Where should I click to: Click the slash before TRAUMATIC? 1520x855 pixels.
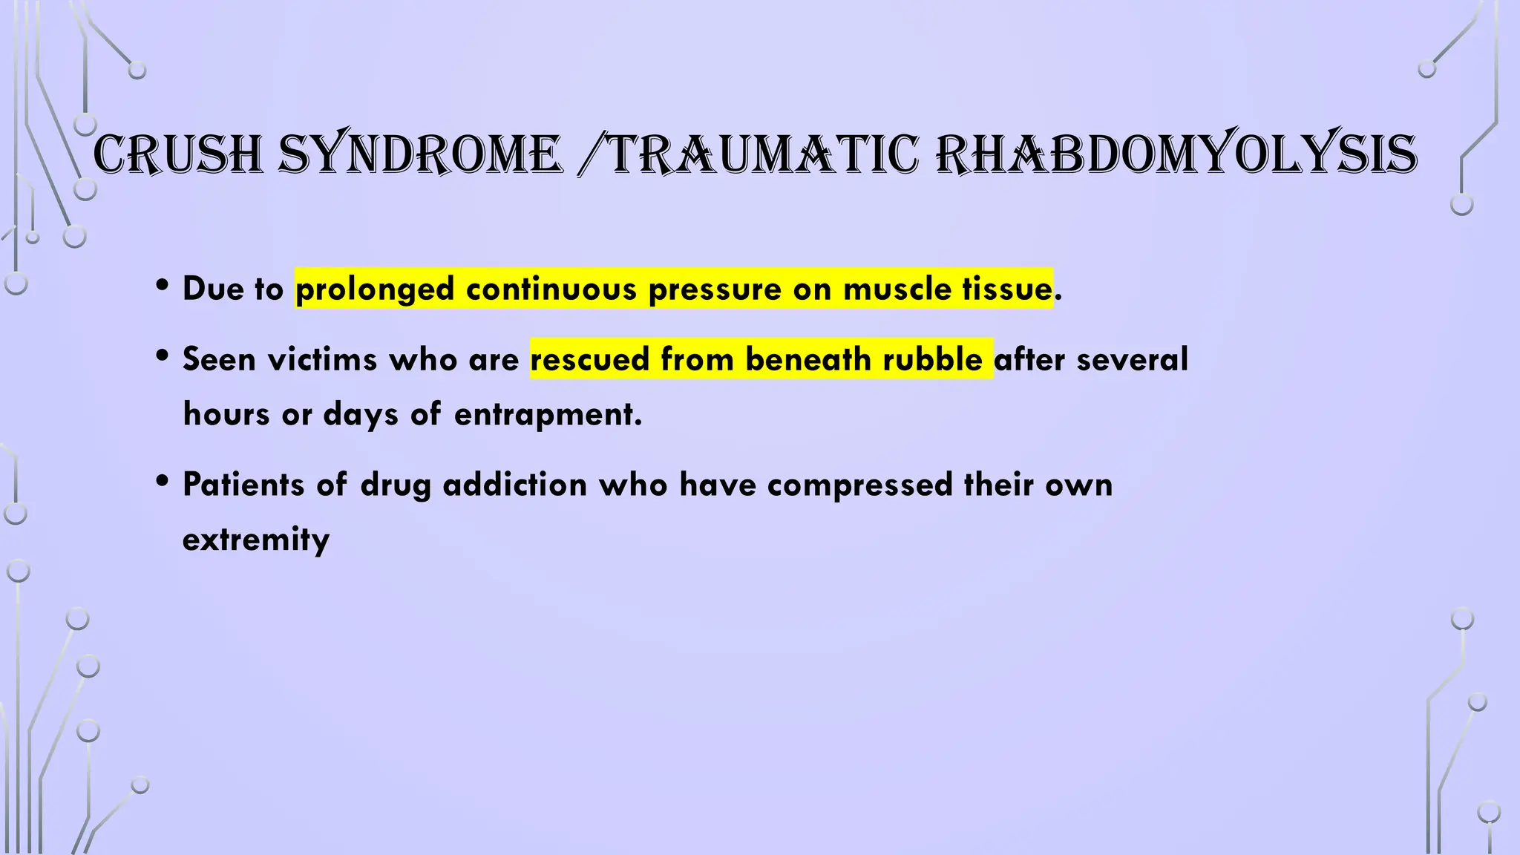(x=592, y=156)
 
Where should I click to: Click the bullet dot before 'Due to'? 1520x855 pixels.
(x=163, y=286)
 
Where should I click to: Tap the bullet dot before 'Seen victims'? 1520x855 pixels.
(x=163, y=356)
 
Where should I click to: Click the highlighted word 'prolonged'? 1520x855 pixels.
(x=375, y=289)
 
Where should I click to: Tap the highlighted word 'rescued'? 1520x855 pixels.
(x=590, y=359)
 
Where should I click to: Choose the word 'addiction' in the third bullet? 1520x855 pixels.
(x=515, y=485)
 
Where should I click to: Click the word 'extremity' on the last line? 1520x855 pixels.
(x=256, y=540)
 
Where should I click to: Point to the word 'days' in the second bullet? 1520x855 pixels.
(x=361, y=414)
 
